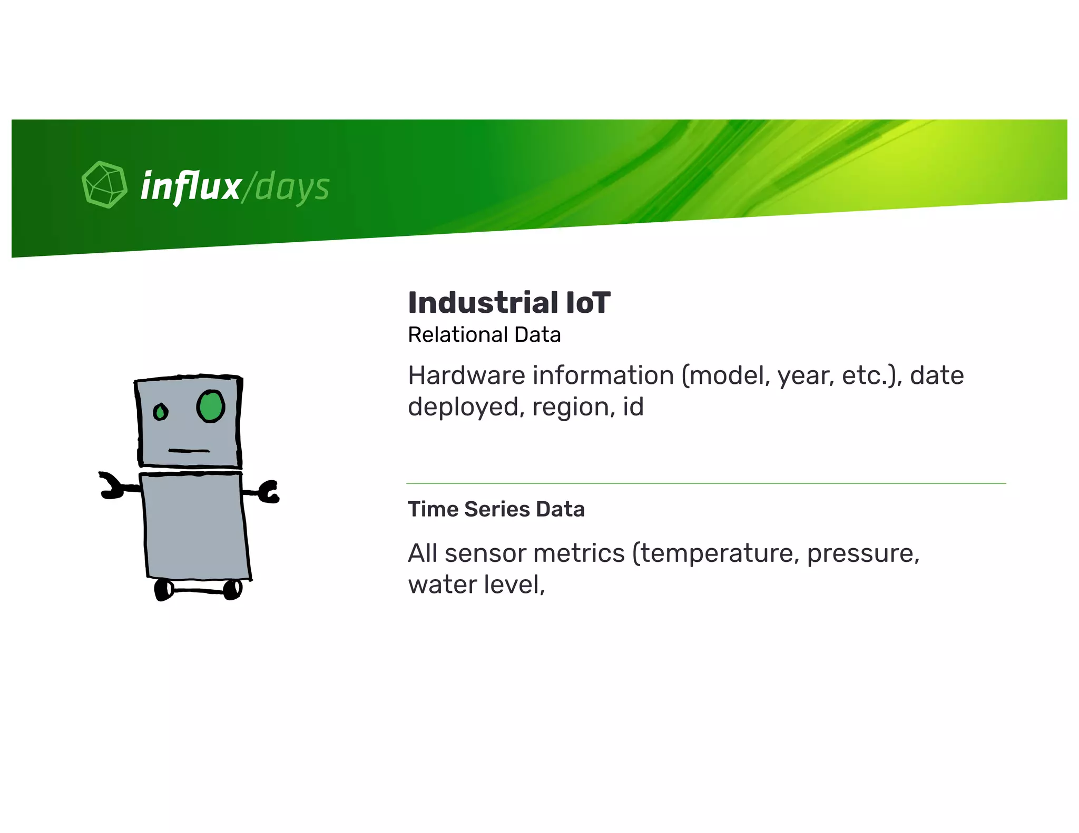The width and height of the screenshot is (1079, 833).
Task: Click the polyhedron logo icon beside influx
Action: (104, 184)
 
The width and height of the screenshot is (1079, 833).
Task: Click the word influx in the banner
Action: (190, 186)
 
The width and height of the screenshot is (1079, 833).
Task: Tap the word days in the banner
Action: (292, 188)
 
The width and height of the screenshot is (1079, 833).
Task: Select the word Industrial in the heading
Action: (483, 303)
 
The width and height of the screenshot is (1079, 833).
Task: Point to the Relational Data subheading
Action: (484, 335)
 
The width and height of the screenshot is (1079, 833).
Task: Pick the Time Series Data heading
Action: (496, 509)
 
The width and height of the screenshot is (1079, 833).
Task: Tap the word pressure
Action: (862, 553)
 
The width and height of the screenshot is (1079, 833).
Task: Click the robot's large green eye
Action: (211, 406)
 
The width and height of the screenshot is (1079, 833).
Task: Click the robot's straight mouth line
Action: (189, 451)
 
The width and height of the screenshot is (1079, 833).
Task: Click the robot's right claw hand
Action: (269, 491)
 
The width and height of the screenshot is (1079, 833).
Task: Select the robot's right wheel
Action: (232, 589)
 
